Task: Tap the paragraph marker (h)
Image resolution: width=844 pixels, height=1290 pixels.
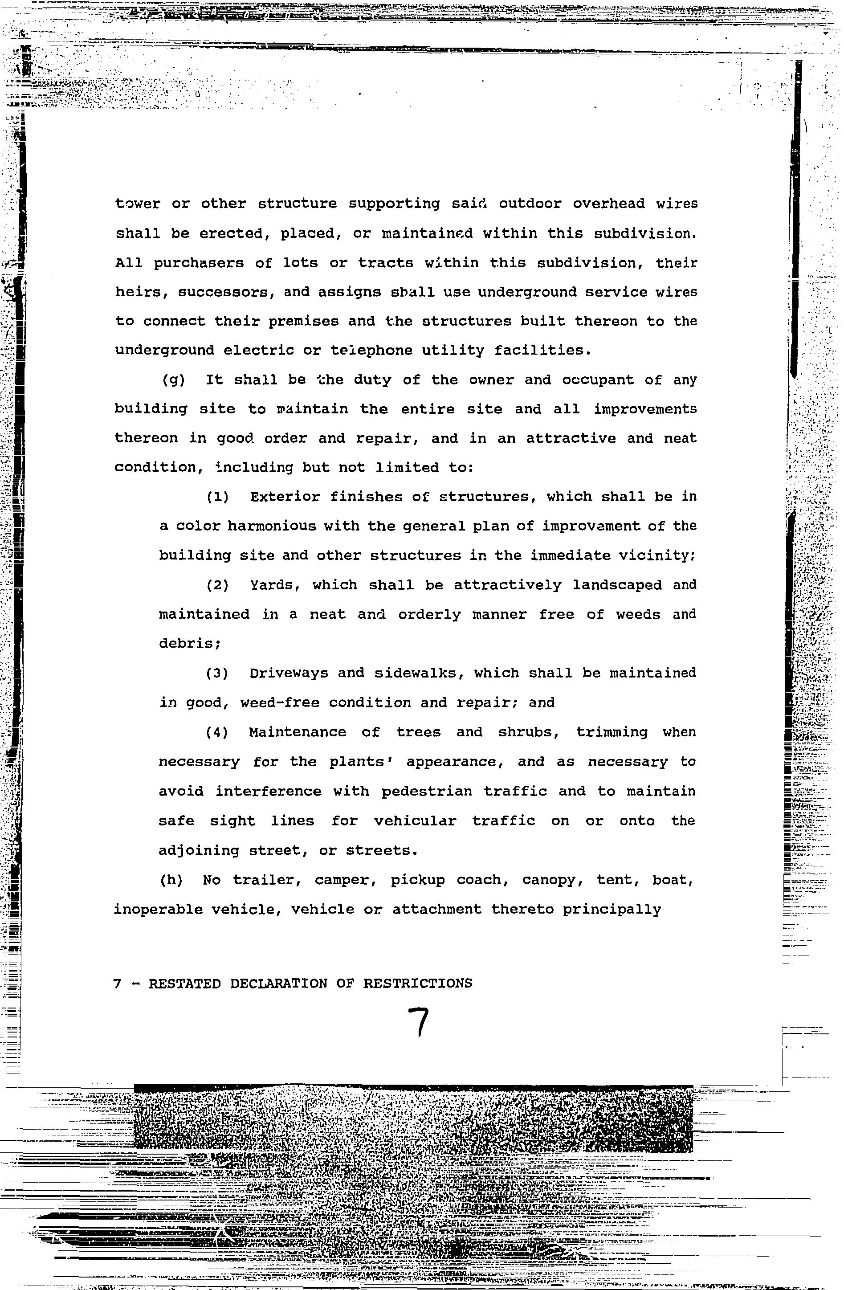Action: [171, 880]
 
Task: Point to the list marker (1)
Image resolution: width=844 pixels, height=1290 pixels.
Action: [218, 497]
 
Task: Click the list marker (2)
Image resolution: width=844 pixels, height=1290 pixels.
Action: [218, 585]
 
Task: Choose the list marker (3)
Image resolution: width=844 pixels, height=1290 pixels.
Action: [218, 673]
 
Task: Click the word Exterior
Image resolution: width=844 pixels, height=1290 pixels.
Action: [285, 497]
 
